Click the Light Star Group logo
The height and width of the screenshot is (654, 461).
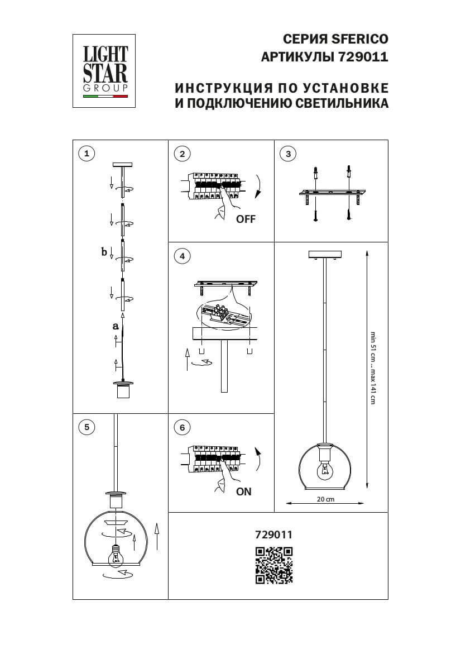point(105,71)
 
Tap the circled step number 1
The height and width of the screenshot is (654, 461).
point(87,154)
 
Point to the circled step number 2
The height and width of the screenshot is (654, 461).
point(182,154)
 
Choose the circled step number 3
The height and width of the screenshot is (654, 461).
point(287,154)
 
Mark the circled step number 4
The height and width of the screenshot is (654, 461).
point(182,256)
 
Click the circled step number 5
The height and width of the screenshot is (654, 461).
point(87,427)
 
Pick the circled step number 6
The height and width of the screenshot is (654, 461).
point(182,427)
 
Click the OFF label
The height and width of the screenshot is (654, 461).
point(246,219)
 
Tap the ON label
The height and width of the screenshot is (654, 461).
point(244,491)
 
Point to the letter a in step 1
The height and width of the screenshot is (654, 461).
point(116,325)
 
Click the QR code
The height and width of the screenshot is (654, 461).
point(273,565)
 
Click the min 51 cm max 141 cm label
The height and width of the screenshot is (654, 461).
point(373,369)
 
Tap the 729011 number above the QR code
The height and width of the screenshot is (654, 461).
point(273,534)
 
